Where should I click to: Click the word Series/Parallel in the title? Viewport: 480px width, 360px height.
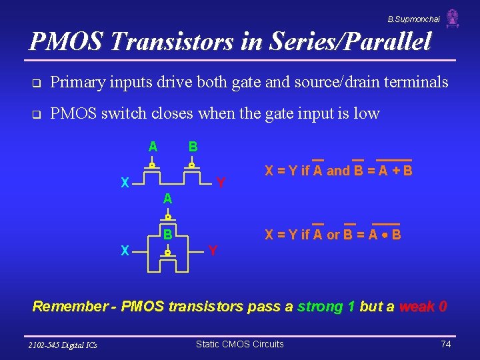point(351,42)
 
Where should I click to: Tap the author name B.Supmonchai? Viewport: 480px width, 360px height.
point(413,19)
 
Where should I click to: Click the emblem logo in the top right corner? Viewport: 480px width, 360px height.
point(453,18)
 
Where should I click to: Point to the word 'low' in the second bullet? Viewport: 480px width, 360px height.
point(367,113)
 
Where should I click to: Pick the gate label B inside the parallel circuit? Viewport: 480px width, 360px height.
point(168,234)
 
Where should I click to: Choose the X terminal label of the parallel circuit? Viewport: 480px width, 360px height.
point(124,251)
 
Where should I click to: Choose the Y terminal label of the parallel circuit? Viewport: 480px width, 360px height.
point(212,251)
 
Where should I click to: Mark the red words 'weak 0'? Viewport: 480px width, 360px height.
point(423,307)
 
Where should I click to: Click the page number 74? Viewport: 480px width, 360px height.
point(447,344)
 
